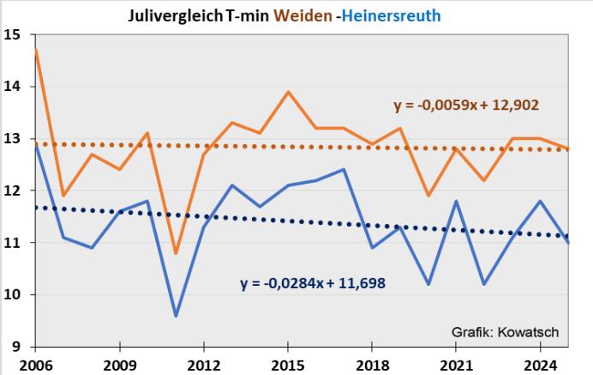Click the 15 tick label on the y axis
(13, 35)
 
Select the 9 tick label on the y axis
(16, 347)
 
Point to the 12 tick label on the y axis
(13, 191)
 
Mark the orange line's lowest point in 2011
(176, 253)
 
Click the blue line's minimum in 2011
(176, 316)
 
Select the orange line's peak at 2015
(288, 92)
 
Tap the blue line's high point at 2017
(344, 169)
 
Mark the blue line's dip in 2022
(484, 284)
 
